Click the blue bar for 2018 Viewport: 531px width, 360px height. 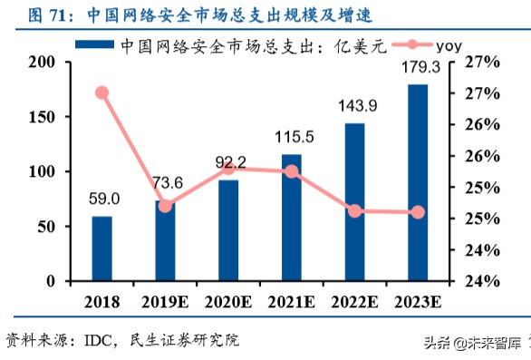coord(101,248)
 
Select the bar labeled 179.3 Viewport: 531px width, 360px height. coord(418,182)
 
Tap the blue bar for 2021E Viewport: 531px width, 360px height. coord(292,218)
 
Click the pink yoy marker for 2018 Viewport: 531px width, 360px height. coord(101,92)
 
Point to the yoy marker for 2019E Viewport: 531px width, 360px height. coord(165,206)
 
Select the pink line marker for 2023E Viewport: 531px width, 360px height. coord(418,212)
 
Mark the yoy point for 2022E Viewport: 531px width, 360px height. coord(355,211)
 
